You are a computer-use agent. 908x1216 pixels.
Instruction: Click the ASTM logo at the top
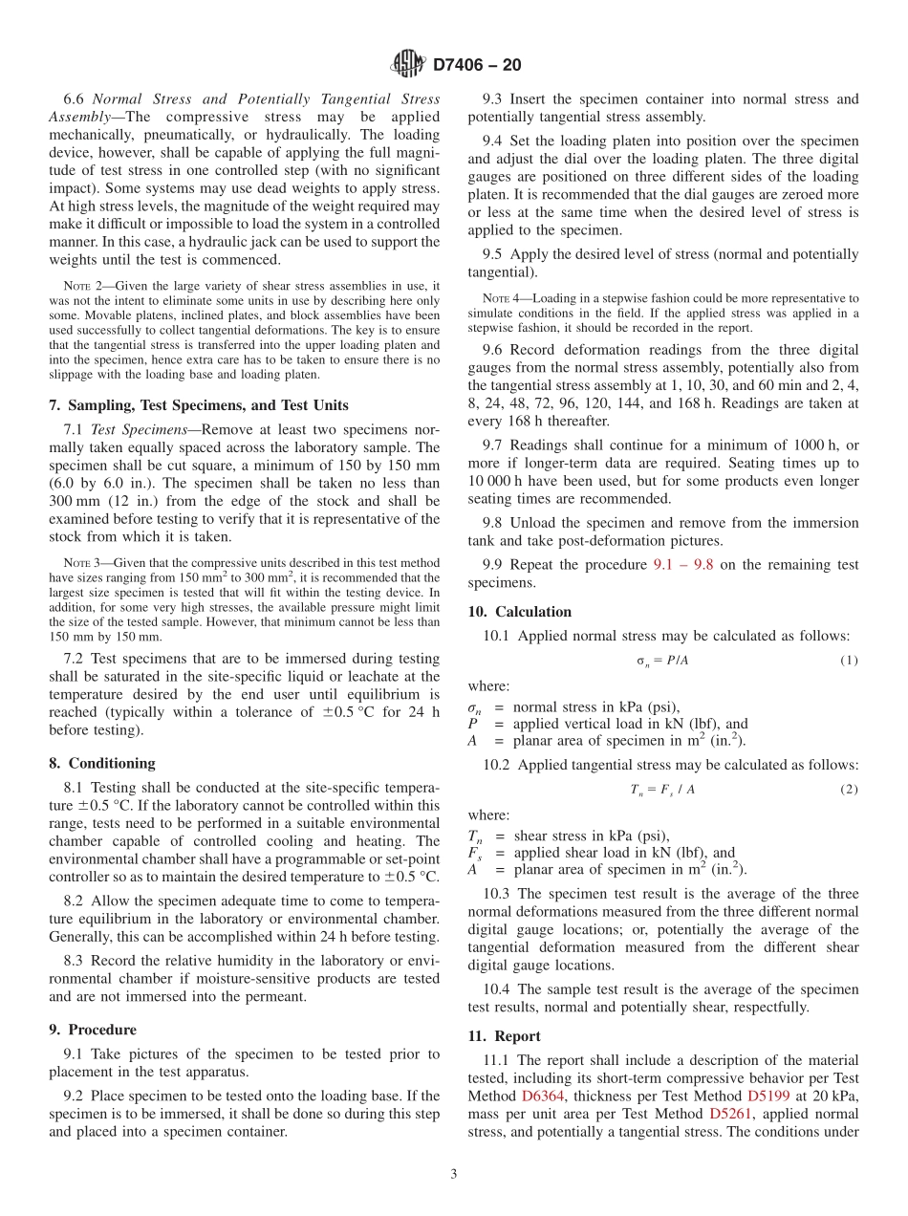408,64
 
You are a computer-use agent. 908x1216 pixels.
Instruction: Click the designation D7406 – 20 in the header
477,65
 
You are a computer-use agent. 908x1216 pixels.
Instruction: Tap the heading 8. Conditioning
102,763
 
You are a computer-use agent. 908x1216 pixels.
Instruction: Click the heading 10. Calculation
520,612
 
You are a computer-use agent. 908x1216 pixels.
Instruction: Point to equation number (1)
849,661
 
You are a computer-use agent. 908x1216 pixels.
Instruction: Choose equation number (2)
849,789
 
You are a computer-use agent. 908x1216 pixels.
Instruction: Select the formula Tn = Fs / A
661,789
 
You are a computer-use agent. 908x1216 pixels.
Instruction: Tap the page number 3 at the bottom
454,1174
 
